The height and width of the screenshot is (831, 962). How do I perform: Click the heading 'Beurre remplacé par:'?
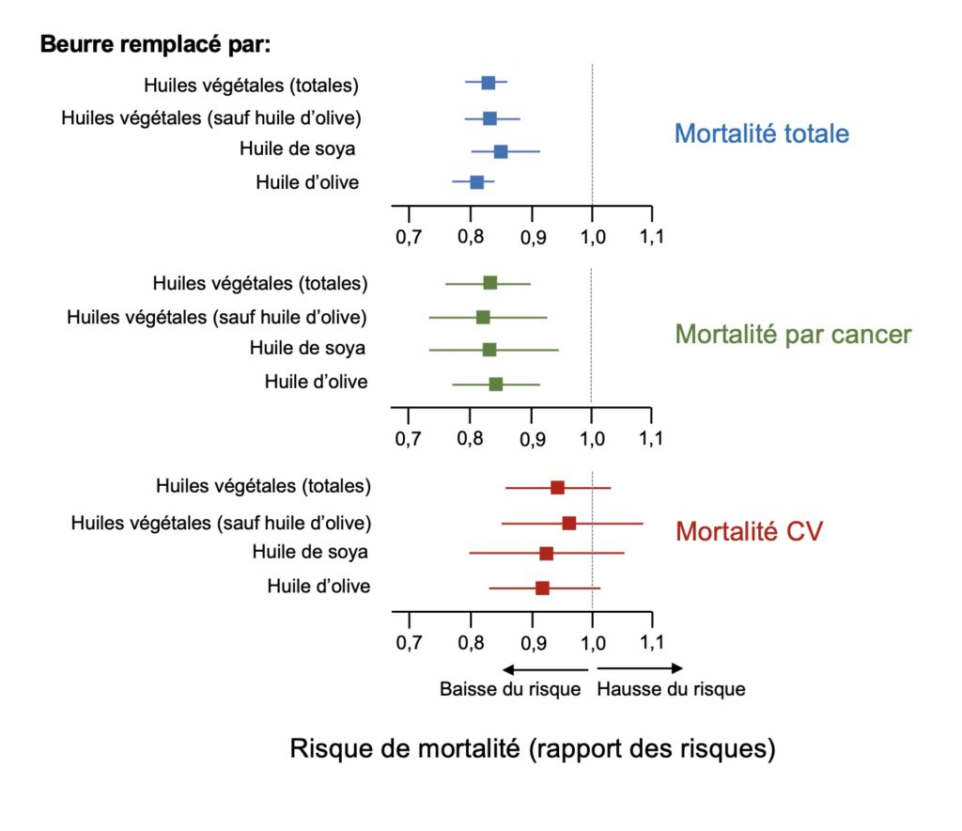point(155,44)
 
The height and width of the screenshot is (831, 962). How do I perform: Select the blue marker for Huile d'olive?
point(477,181)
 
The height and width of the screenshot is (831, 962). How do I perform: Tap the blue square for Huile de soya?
point(501,151)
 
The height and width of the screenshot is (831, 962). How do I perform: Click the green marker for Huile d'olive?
point(496,384)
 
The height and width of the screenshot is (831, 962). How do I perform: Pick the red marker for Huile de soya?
point(547,554)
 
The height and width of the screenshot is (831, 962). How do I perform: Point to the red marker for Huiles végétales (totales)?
point(557,487)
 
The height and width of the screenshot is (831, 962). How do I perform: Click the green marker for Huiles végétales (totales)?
point(490,282)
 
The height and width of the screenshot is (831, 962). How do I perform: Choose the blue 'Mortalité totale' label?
point(762,133)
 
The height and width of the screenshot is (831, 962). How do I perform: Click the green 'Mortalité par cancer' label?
point(794,334)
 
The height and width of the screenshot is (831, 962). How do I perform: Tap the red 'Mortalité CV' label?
point(750,531)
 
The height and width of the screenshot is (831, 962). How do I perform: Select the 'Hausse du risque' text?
point(671,689)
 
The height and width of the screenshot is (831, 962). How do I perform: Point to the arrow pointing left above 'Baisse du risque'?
point(545,668)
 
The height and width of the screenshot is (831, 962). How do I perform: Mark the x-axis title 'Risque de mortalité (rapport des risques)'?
point(533,749)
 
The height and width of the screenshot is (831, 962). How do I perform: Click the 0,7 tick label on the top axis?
point(408,237)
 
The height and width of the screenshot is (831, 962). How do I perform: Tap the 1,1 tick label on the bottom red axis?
point(651,644)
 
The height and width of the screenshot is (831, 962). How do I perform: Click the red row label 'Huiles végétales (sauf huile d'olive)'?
point(221,522)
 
